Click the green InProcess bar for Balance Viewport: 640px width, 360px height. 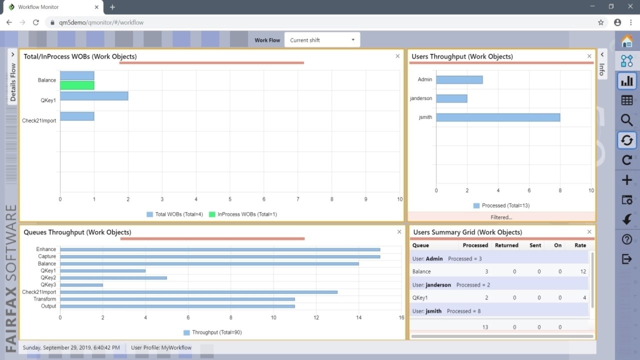point(77,85)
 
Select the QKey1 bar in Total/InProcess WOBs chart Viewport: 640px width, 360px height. point(94,96)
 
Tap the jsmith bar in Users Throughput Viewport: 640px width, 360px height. point(498,117)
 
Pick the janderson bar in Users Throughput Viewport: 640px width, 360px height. point(451,98)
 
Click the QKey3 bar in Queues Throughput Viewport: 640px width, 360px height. point(81,285)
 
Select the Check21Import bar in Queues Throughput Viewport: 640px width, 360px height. point(198,292)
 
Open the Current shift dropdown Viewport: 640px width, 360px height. point(322,40)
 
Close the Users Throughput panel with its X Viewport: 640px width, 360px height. point(589,56)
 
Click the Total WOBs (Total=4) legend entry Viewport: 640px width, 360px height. point(174,214)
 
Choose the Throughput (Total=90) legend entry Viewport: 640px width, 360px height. point(212,332)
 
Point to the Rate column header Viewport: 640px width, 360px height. point(580,245)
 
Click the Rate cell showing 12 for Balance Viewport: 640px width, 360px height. point(582,271)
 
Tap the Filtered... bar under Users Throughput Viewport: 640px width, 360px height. point(501,217)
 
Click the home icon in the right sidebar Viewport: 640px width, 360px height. point(626,41)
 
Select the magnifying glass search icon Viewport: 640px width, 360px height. point(626,120)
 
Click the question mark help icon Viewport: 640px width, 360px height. point(626,239)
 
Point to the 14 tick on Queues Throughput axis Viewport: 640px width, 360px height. point(358,317)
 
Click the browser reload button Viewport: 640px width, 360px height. point(36,22)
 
